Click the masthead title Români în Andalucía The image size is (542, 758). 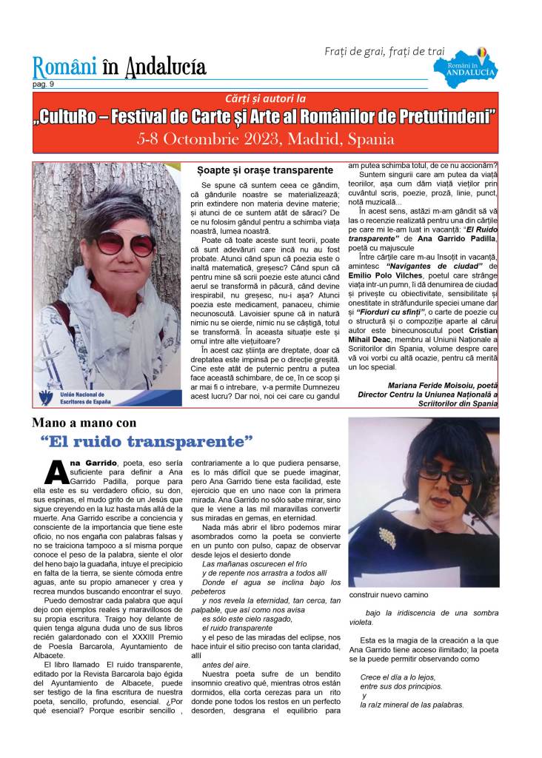pos(119,67)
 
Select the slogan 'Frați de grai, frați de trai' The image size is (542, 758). pos(384,51)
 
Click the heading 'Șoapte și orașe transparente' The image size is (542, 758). pos(255,170)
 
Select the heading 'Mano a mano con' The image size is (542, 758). pos(84,423)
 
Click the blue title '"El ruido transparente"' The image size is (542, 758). pos(147,442)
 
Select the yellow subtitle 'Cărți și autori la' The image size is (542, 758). pos(266,98)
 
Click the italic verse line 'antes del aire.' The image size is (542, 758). pos(226,665)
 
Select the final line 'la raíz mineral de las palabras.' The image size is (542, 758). pos(412,705)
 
